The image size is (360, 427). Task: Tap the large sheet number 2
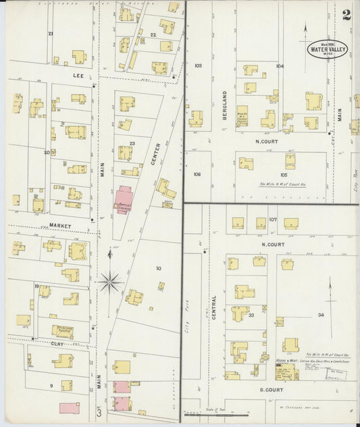click(x=346, y=15)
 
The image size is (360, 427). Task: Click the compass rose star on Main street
click(x=110, y=280)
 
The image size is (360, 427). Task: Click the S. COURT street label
click(x=257, y=390)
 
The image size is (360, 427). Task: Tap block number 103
click(x=198, y=66)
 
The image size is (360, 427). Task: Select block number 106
click(x=197, y=174)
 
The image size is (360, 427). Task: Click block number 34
click(x=321, y=315)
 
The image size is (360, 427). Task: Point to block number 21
click(x=50, y=33)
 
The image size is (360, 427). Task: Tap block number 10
click(x=158, y=268)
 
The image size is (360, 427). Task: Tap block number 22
click(x=153, y=34)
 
